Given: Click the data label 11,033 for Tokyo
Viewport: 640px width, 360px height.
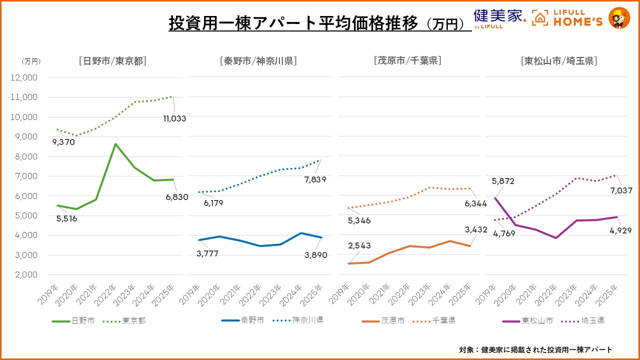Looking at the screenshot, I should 174,119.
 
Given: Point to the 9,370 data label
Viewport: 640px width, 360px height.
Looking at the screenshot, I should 63,142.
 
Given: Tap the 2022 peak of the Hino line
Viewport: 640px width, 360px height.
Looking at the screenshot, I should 116,144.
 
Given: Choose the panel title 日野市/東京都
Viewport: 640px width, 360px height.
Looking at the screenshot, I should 112,61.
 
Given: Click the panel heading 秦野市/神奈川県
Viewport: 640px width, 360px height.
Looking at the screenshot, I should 258,61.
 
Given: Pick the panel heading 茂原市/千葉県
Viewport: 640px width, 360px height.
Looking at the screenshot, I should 407,61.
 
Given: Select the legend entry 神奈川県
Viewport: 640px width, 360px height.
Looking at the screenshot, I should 306,320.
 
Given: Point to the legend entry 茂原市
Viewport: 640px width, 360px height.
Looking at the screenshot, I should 392,320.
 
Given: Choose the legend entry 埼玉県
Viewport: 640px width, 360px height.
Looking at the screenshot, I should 592,320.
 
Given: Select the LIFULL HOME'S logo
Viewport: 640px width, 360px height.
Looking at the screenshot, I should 567,17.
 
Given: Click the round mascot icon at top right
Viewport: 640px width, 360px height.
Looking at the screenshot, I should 619,17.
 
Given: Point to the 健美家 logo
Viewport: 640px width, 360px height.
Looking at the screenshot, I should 498,17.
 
